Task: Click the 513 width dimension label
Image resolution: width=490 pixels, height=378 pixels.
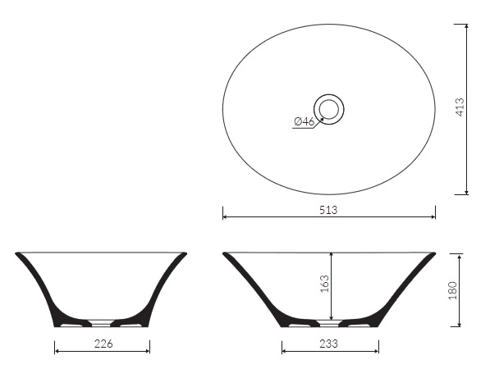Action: tap(328, 210)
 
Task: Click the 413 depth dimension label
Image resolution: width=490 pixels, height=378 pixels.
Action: tap(460, 107)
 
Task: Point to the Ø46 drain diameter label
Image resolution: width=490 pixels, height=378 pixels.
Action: tap(304, 121)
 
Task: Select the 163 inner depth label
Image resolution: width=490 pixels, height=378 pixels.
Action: tap(324, 284)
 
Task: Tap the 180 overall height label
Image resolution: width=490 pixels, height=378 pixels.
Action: tap(452, 290)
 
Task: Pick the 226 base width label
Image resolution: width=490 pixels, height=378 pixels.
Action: tap(103, 344)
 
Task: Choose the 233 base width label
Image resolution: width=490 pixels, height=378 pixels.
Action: tap(329, 344)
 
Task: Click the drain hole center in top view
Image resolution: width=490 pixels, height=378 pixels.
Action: tap(329, 109)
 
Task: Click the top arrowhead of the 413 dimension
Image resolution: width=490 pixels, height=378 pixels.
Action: tap(466, 26)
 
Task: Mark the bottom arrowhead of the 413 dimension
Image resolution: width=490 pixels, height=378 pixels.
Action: tap(466, 192)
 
